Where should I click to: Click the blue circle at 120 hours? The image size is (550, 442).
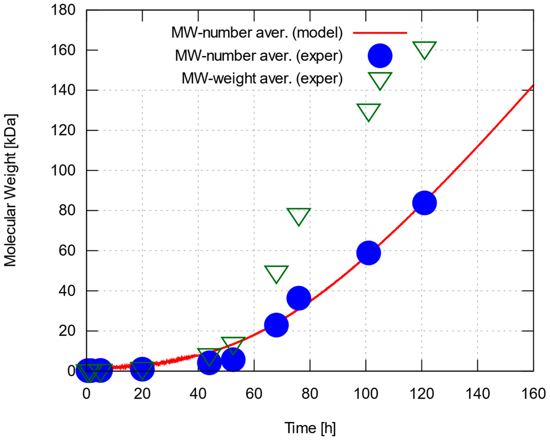click(424, 203)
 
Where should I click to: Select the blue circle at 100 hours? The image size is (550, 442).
click(368, 253)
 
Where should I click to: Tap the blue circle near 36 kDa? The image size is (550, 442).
click(299, 298)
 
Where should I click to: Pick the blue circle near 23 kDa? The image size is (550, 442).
click(276, 325)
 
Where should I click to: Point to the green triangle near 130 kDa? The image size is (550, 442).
click(368, 111)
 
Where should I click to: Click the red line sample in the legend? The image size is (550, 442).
click(380, 33)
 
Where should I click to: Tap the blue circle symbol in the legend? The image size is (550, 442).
click(380, 56)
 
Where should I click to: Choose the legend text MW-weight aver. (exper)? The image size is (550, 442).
click(262, 78)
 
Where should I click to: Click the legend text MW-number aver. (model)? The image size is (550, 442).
click(257, 33)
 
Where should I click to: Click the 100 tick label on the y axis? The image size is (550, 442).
click(63, 170)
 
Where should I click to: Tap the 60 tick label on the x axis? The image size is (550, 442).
click(254, 394)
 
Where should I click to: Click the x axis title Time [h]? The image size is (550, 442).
click(310, 428)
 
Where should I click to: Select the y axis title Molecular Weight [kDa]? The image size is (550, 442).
click(11, 190)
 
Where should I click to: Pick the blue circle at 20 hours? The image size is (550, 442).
click(142, 369)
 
